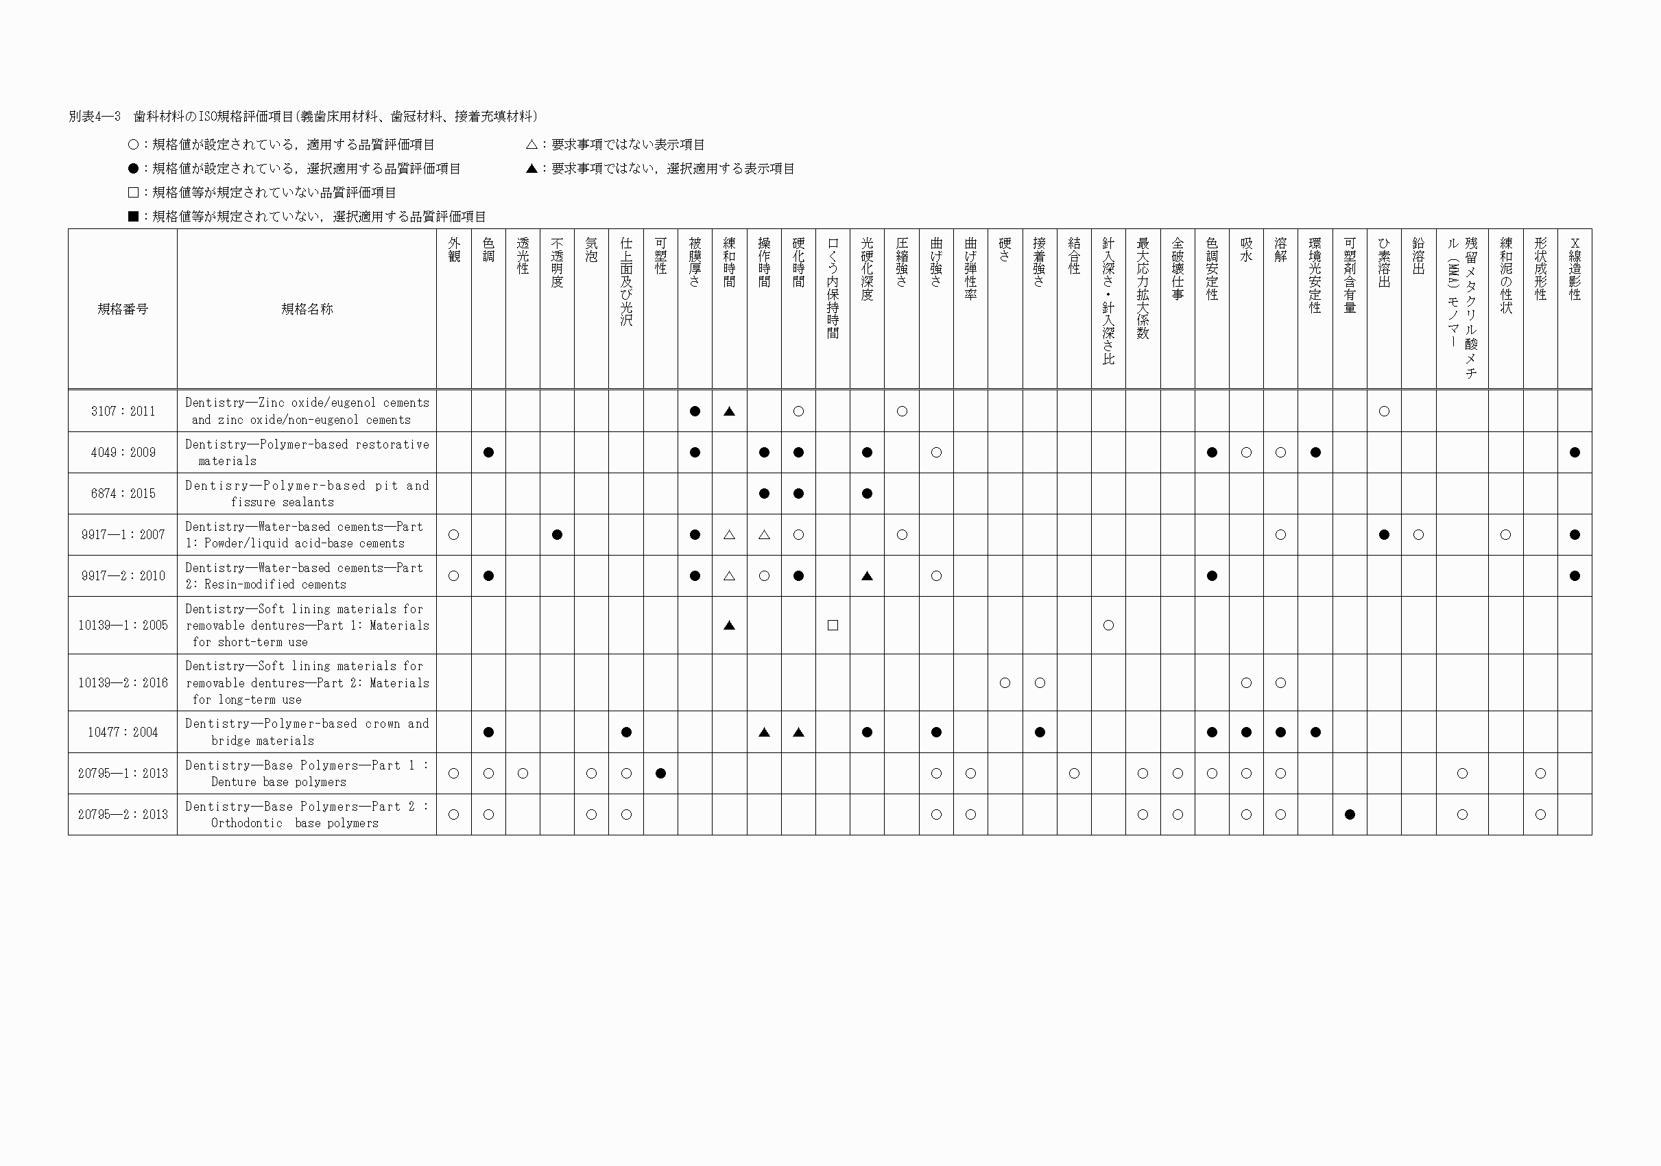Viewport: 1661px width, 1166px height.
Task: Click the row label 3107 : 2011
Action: pos(123,412)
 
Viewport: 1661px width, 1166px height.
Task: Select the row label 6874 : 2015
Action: pos(123,494)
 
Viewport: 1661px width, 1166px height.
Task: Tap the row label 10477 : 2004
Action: pos(123,732)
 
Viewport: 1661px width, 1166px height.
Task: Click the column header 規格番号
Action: pos(123,309)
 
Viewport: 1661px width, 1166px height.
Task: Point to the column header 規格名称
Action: pos(307,309)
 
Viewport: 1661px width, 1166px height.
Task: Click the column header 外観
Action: pos(454,250)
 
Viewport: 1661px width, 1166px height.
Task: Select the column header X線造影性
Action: pos(1575,268)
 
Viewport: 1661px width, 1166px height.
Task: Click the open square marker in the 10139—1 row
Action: pos(833,626)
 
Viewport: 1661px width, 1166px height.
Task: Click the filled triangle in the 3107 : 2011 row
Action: pos(729,412)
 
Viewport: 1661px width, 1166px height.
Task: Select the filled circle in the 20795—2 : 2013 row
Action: pos(1350,814)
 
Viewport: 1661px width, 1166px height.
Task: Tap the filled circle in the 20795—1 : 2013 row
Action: pos(660,773)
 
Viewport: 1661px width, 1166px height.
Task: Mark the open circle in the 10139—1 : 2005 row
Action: pos(1108,626)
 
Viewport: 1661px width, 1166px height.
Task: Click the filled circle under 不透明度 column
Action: pos(557,535)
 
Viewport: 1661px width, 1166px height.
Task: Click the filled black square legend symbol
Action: pos(133,216)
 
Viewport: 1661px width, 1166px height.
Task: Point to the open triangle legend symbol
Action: pos(531,145)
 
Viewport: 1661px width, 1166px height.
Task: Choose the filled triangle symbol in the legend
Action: pos(531,169)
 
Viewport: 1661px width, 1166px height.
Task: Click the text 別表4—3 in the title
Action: pos(94,117)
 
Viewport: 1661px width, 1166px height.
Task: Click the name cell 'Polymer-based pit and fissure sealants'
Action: pos(307,494)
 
